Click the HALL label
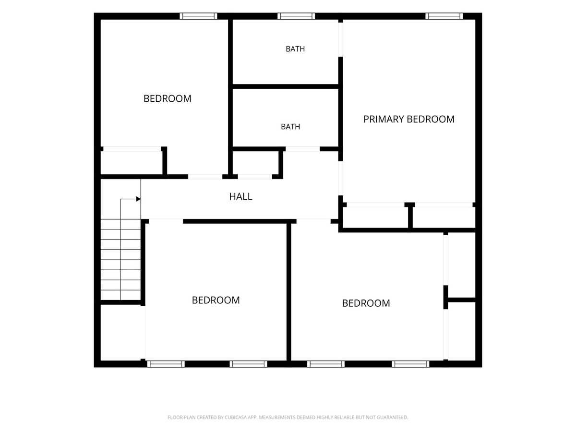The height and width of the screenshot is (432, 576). (240, 196)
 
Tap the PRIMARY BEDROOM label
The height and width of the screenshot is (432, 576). (408, 119)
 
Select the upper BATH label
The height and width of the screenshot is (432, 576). (295, 49)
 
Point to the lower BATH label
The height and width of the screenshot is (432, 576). (290, 127)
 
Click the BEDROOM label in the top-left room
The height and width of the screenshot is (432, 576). (167, 98)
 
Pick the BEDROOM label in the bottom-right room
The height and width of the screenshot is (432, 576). (366, 303)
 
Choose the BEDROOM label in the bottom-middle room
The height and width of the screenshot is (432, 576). (216, 300)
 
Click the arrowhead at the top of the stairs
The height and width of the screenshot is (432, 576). (138, 199)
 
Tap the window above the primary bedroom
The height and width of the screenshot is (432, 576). (444, 16)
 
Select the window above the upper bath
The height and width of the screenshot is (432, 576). (296, 16)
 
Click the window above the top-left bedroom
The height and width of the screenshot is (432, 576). (198, 16)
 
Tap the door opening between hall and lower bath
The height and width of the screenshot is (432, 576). (302, 149)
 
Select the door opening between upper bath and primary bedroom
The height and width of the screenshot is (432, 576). (340, 40)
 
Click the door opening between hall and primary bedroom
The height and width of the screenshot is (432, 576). (340, 179)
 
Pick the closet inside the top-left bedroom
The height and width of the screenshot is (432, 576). (131, 163)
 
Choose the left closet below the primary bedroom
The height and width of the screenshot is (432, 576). (375, 217)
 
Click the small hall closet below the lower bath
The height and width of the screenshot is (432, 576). (255, 163)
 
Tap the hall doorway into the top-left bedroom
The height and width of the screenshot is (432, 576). (205, 177)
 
